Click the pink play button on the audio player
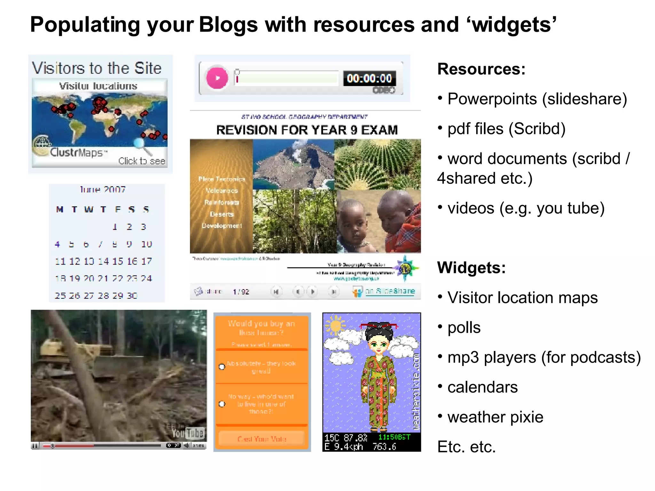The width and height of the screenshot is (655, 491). click(217, 78)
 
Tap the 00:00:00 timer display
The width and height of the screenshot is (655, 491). click(369, 78)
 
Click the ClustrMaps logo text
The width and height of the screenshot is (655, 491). click(77, 152)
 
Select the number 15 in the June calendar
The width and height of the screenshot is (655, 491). click(118, 261)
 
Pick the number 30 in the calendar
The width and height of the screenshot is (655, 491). click(132, 296)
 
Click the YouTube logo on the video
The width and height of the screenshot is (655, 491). click(188, 433)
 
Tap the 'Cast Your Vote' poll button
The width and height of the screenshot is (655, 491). click(262, 439)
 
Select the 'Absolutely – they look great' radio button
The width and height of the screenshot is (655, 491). click(222, 367)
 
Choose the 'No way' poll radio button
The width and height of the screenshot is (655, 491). click(222, 404)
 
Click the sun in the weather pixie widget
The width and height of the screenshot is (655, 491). click(336, 326)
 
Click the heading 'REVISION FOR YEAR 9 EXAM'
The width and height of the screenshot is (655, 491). click(307, 130)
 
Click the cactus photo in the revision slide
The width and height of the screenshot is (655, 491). click(378, 164)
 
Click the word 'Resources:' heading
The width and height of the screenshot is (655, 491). click(481, 69)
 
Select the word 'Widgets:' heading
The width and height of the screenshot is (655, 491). click(471, 268)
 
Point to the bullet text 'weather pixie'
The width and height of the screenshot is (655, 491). click(495, 417)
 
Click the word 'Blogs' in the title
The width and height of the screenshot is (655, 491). click(228, 25)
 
